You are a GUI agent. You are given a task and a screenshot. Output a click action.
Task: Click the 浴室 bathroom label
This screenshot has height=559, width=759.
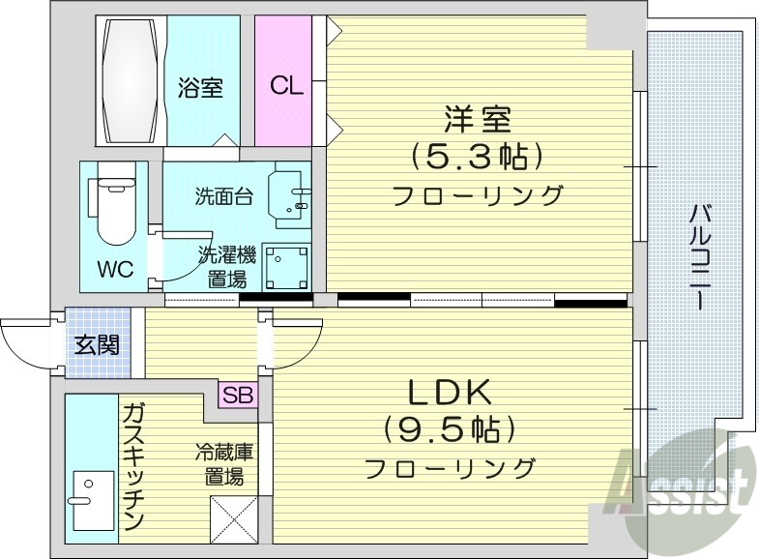(200, 88)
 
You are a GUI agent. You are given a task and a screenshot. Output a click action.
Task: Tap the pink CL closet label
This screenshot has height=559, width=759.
(286, 85)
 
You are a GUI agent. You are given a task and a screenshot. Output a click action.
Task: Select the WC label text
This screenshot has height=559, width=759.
(115, 268)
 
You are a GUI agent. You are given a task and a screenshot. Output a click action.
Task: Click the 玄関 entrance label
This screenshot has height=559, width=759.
(96, 342)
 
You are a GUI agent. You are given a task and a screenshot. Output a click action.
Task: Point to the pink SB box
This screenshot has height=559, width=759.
(237, 394)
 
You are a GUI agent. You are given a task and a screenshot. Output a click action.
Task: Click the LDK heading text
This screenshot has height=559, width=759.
(450, 393)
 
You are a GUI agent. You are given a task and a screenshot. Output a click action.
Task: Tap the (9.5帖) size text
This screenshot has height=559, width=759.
(450, 428)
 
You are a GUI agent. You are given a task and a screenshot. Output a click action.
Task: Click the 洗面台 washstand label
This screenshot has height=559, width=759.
(223, 196)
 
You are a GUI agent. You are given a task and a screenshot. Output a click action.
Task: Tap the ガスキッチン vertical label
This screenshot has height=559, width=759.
(132, 469)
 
